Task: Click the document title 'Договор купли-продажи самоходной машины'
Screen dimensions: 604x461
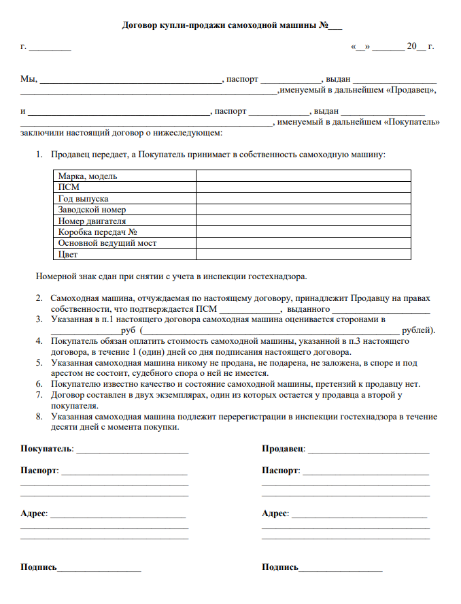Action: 219,26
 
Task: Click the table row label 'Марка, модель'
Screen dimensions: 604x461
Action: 88,176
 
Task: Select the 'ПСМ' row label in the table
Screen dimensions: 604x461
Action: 69,187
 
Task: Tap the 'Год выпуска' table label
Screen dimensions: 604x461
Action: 83,198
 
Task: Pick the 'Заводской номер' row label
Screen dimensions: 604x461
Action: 92,210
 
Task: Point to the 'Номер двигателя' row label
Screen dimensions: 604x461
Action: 92,221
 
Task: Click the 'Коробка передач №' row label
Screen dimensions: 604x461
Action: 98,232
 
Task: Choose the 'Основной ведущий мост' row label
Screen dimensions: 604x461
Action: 107,242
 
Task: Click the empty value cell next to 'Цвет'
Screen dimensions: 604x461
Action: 303,254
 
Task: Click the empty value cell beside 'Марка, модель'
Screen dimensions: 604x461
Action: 303,176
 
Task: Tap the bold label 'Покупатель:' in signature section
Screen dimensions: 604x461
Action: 48,449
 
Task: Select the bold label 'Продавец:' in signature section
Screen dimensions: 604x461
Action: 284,449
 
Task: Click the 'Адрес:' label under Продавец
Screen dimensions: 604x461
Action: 275,513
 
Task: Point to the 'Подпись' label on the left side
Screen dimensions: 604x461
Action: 39,567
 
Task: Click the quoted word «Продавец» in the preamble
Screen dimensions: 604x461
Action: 410,90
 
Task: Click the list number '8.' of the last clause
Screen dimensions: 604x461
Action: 39,417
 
